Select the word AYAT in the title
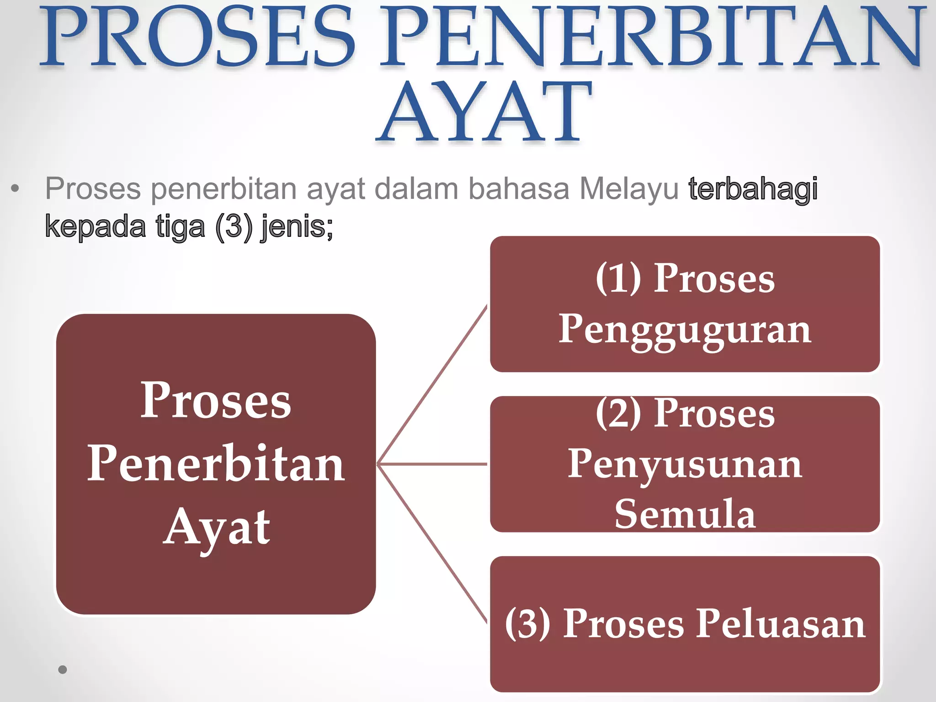tap(484, 112)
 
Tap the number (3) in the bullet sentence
tap(234, 226)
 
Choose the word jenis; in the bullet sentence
tap(297, 226)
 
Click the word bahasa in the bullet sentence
tap(519, 189)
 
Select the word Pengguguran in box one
tap(685, 330)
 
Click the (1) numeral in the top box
tap(618, 278)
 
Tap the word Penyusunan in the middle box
tap(685, 464)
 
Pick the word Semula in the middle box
tap(685, 514)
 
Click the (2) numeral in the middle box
tap(618, 414)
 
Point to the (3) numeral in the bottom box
tap(528, 624)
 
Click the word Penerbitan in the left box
tap(216, 464)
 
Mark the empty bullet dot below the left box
tap(63, 670)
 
